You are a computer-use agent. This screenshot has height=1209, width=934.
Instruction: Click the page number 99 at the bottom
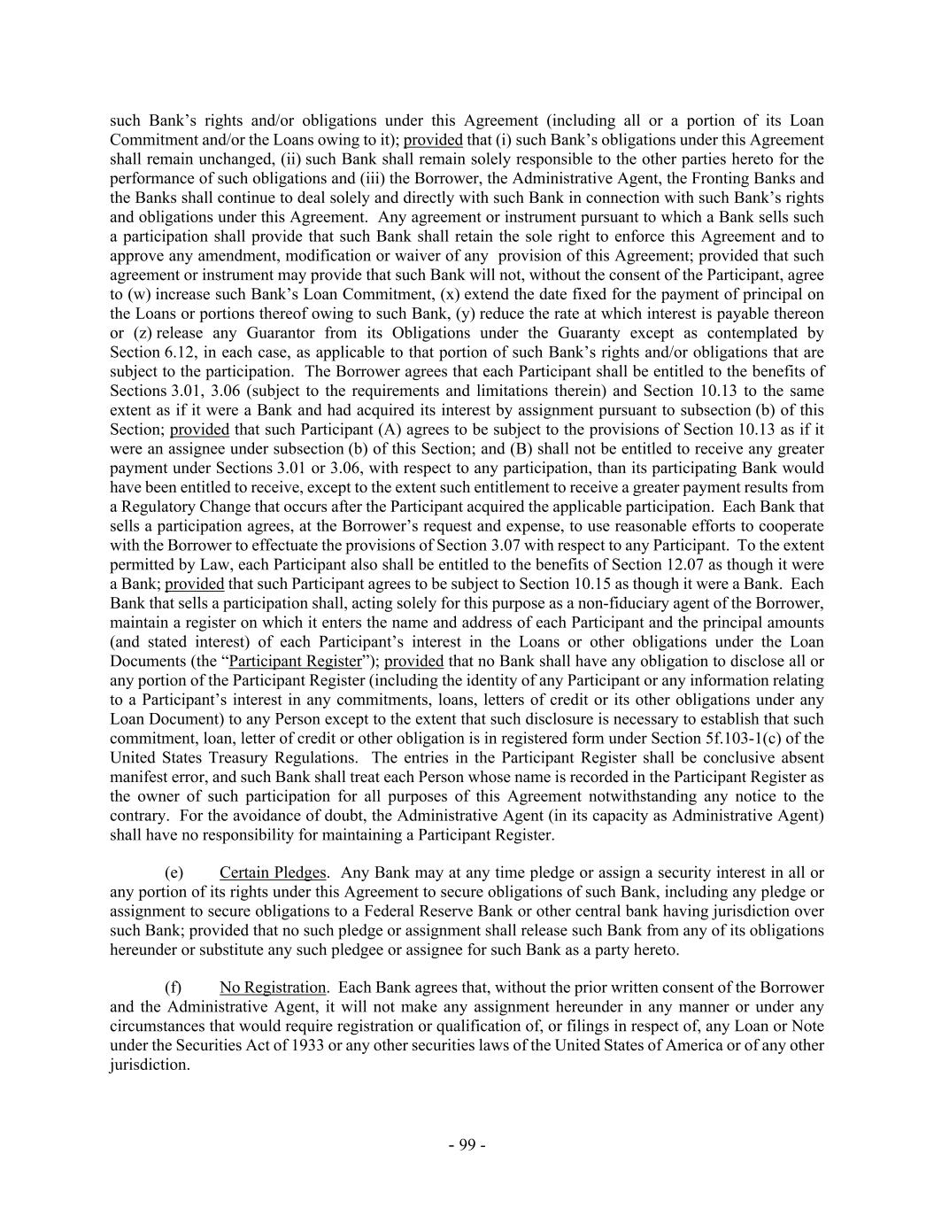(x=467, y=1144)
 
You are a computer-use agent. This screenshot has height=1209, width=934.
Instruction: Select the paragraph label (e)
(x=174, y=872)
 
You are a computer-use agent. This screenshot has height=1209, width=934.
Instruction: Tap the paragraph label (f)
(x=174, y=987)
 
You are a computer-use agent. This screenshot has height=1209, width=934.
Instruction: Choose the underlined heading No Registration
(x=273, y=987)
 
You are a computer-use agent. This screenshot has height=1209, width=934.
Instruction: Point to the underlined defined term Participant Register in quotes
(x=295, y=661)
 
